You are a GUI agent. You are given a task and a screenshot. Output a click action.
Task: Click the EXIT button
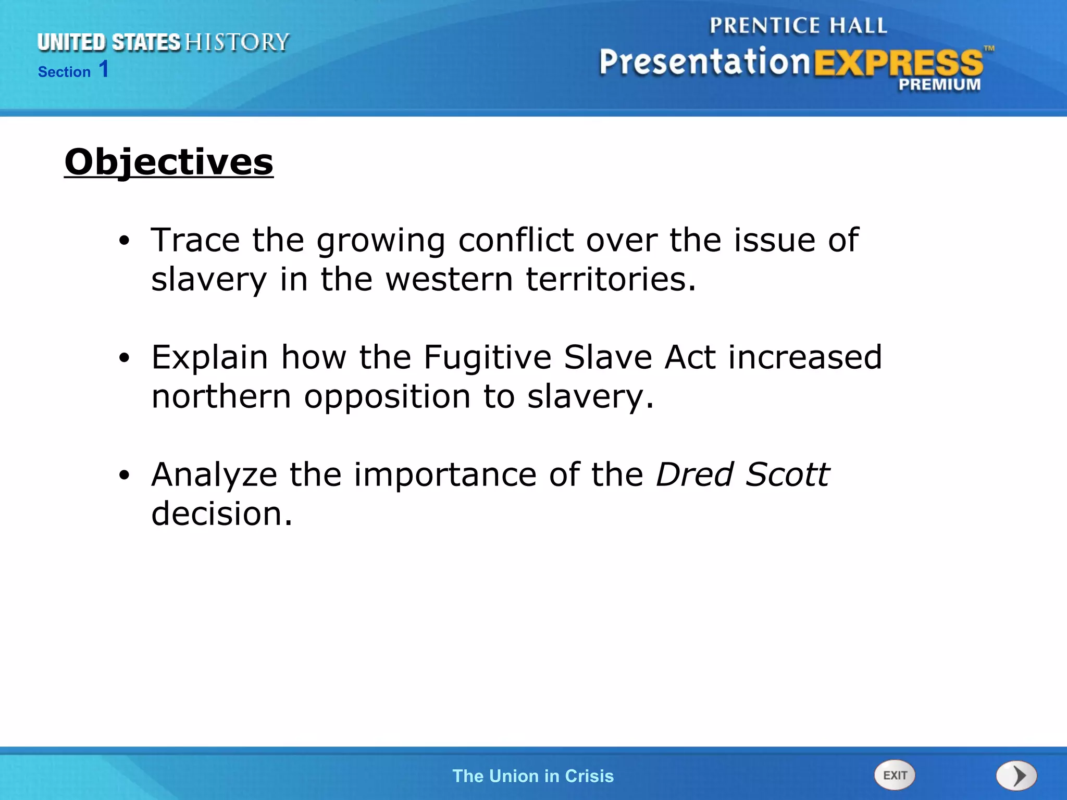click(895, 775)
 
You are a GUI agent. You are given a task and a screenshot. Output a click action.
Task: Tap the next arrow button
click(1016, 776)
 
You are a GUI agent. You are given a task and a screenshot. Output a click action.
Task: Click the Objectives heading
click(169, 162)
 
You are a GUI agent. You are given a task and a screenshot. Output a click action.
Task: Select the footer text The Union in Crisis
click(533, 776)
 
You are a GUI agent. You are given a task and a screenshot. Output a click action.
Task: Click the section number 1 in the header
click(104, 69)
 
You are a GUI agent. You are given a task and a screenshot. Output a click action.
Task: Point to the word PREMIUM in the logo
click(939, 84)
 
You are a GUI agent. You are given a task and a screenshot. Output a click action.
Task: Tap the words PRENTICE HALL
click(798, 26)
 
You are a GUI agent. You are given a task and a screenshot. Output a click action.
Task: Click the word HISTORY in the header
click(237, 42)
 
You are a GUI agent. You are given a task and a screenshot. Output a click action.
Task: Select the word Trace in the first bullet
click(195, 240)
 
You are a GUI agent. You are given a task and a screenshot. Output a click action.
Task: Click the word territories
click(611, 279)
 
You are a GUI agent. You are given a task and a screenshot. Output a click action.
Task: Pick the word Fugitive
click(487, 357)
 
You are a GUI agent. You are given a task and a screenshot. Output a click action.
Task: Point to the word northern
click(221, 396)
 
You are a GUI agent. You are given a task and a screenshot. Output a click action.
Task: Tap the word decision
click(221, 514)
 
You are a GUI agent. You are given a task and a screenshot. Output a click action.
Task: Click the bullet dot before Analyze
click(123, 475)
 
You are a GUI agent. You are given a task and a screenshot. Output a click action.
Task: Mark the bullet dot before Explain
click(123, 358)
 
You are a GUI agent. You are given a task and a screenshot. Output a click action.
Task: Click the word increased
click(805, 357)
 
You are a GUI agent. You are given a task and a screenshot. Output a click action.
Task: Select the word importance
click(445, 475)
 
